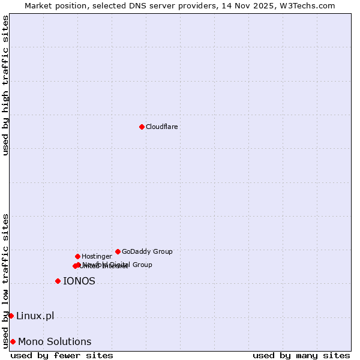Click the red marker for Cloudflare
(x=142, y=127)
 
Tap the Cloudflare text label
(x=162, y=127)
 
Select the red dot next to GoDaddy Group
(x=118, y=251)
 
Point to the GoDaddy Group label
(x=147, y=251)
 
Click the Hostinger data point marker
(x=77, y=256)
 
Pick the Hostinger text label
(x=97, y=256)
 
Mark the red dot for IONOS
(x=58, y=281)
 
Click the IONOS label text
(x=79, y=281)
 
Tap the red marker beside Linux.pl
(x=11, y=316)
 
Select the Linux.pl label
(x=35, y=316)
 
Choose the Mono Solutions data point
(x=13, y=341)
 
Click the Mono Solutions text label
(x=55, y=341)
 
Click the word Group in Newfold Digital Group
(x=142, y=265)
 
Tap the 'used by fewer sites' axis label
(x=62, y=355)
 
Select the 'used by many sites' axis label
(x=301, y=355)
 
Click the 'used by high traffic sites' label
(x=5, y=85)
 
